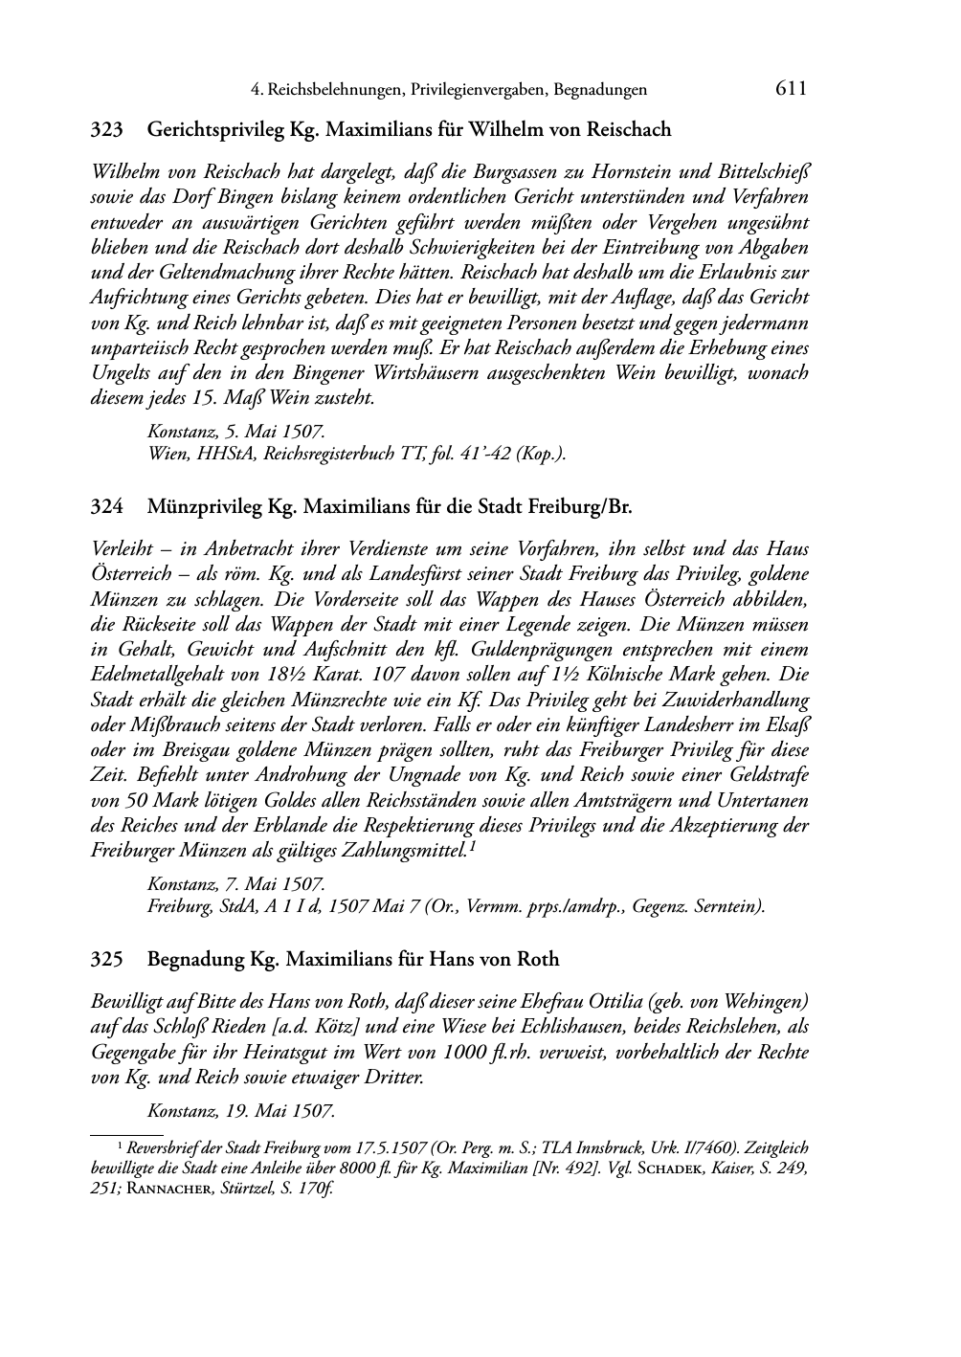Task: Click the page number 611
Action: [x=792, y=89]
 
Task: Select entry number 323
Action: [x=106, y=129]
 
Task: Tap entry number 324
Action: [x=106, y=506]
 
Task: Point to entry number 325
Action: [x=106, y=959]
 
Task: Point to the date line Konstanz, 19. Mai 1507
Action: [x=240, y=1111]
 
